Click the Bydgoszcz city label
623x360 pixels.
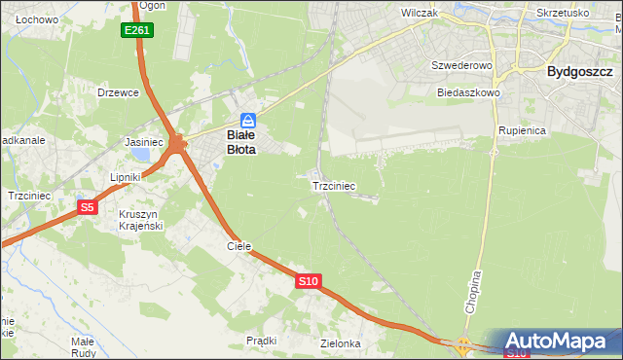click(579, 71)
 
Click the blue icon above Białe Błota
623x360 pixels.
click(248, 120)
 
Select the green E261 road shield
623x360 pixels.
click(137, 31)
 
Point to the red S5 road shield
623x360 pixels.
click(88, 206)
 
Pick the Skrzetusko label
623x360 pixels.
click(563, 14)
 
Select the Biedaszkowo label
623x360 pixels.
click(468, 93)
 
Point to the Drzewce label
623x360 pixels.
click(119, 93)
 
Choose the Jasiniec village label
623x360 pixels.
click(143, 142)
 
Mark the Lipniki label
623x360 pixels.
click(126, 177)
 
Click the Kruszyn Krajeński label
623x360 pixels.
click(140, 219)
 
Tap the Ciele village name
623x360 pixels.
click(239, 246)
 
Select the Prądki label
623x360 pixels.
click(262, 341)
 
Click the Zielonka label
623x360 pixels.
click(341, 343)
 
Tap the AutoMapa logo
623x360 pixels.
click(562, 341)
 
